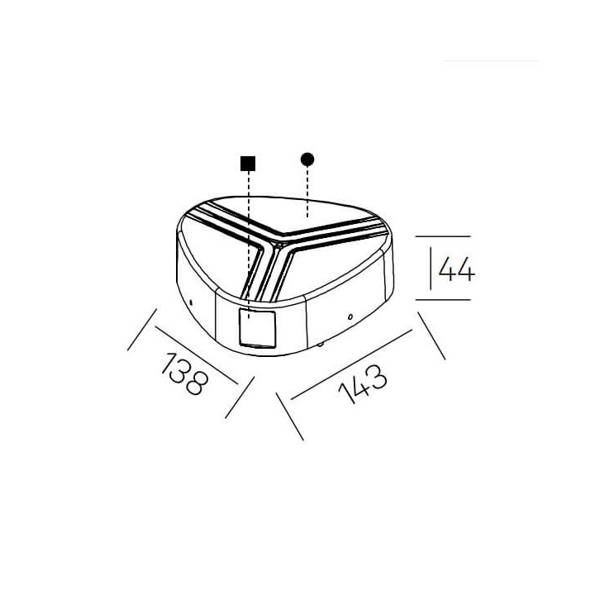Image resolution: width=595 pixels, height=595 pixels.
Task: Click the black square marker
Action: pos(248,164)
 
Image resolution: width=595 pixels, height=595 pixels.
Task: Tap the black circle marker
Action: pos(307,159)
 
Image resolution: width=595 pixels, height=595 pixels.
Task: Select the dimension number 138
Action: pos(185,374)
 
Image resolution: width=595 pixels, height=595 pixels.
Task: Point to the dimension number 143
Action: pos(363,383)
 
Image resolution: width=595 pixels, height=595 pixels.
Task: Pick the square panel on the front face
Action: pos(257,328)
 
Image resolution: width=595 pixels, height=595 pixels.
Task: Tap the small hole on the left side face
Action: pos(191,302)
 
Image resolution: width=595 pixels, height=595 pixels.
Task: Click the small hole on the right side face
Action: pos(350,317)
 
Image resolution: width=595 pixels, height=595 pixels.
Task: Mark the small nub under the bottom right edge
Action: pos(321,345)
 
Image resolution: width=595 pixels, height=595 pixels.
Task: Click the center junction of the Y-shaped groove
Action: pos(274,247)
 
